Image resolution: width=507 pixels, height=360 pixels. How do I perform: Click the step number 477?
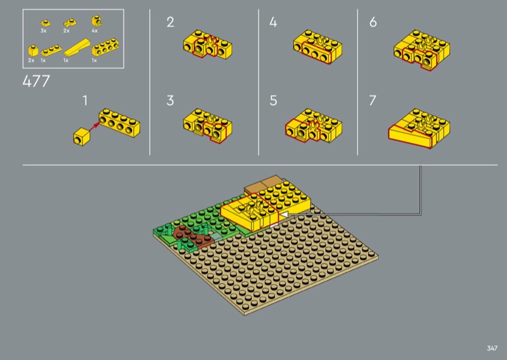coord(36,81)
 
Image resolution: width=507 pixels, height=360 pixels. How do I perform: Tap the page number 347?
coord(492,348)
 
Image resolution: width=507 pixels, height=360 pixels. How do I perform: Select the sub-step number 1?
coord(85,101)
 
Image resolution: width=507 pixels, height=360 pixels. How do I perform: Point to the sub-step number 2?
coord(170,22)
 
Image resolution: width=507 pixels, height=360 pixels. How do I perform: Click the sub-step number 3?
coord(170,101)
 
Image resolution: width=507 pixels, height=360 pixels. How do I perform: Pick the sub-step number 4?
coord(273,22)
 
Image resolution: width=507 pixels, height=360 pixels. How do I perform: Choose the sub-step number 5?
coord(273,101)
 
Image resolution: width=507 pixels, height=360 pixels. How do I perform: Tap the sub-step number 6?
coord(373,22)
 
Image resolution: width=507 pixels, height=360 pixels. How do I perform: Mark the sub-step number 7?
coord(373,101)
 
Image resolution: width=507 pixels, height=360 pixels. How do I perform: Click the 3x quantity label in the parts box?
coord(44,30)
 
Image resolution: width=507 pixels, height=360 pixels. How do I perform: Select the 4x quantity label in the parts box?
coord(94,30)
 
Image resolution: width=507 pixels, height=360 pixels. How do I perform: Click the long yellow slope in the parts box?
coord(77,48)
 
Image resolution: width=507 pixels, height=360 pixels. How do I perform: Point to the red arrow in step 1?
coord(94,127)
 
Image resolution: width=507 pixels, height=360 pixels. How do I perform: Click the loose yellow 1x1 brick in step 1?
coord(81,136)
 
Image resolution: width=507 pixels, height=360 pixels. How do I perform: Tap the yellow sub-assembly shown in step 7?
coord(420,129)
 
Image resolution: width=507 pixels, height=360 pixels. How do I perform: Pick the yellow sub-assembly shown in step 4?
coord(318,46)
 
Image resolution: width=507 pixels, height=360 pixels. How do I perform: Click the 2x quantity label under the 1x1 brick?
coord(31,60)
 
